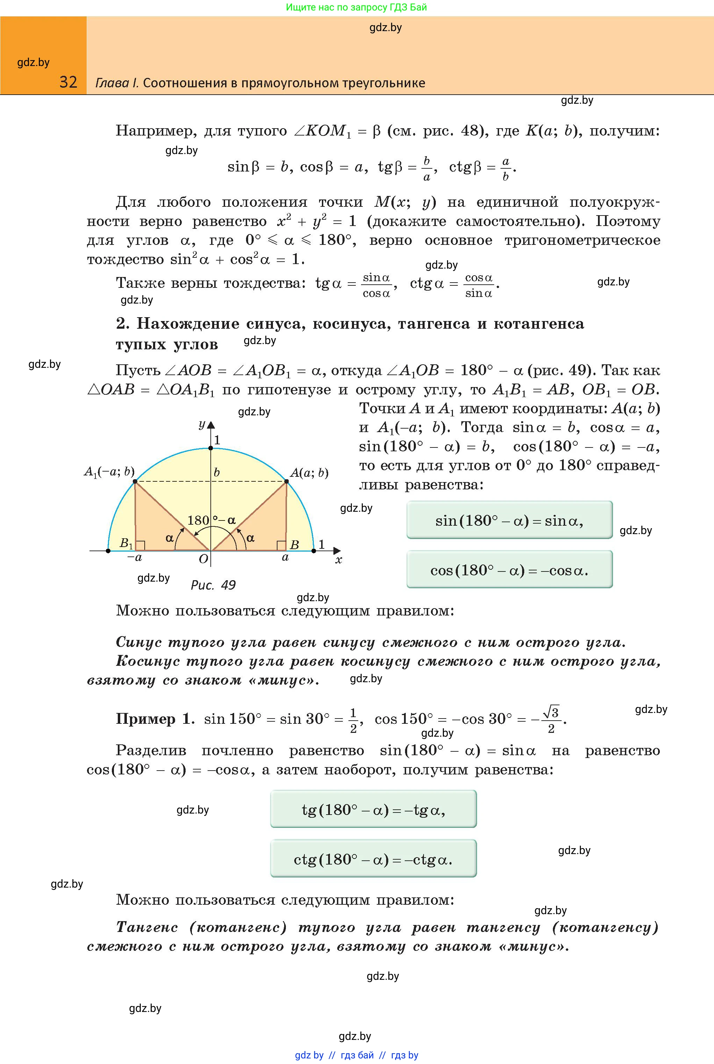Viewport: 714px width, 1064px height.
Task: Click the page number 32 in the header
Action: click(x=68, y=82)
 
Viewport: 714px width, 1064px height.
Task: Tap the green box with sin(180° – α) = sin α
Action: click(x=509, y=520)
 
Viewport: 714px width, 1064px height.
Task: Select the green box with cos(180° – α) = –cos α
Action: click(x=509, y=570)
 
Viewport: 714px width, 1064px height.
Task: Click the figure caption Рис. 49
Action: click(x=212, y=585)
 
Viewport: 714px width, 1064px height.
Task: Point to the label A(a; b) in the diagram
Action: click(x=309, y=473)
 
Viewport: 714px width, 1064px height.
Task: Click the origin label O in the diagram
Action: click(x=203, y=559)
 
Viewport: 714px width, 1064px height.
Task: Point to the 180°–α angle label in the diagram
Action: click(x=211, y=520)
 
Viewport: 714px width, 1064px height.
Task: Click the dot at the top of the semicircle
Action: click(x=211, y=448)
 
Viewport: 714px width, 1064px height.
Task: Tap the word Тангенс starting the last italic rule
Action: click(x=146, y=927)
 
